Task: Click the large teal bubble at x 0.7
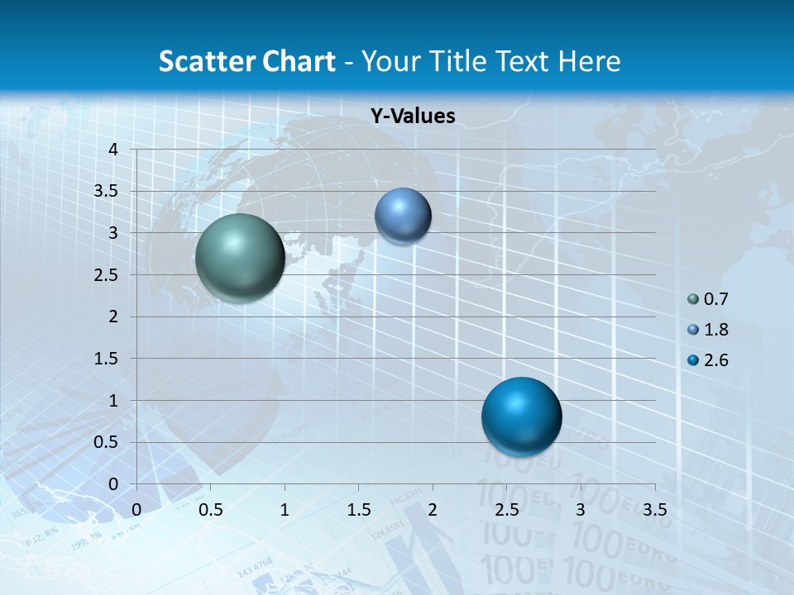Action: coord(240,258)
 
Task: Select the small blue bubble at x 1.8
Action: coord(403,216)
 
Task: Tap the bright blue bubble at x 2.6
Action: coord(521,416)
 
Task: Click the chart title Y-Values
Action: coord(412,117)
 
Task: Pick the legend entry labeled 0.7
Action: coord(715,299)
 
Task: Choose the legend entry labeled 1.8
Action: coord(715,330)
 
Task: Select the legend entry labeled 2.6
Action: coord(715,360)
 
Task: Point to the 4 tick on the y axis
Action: coord(113,150)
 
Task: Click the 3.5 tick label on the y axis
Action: coord(108,192)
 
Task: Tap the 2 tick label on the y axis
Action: coord(113,317)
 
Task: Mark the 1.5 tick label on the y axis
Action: coord(108,359)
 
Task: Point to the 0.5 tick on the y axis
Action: coord(108,442)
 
